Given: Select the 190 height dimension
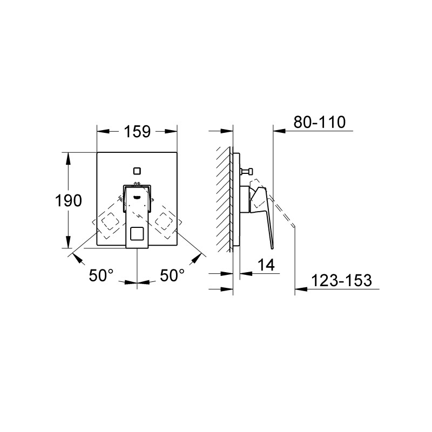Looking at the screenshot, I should tap(69, 201).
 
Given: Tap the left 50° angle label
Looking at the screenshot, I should tap(102, 275).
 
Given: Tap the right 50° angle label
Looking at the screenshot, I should tap(172, 275).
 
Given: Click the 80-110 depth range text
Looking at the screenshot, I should tap(319, 123).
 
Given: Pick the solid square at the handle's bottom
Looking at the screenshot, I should tap(137, 234).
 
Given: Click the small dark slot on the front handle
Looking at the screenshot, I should tap(137, 197).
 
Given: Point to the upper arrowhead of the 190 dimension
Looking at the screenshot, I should tap(69, 157).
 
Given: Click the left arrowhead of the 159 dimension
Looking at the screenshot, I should tap(101, 132).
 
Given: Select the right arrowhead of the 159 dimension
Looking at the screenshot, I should tap(173, 132).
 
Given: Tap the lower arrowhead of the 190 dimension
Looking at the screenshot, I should tap(69, 244).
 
